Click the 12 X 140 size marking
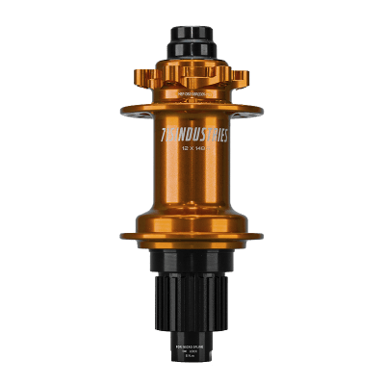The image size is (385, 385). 192,151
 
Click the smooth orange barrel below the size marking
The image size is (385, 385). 192,192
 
